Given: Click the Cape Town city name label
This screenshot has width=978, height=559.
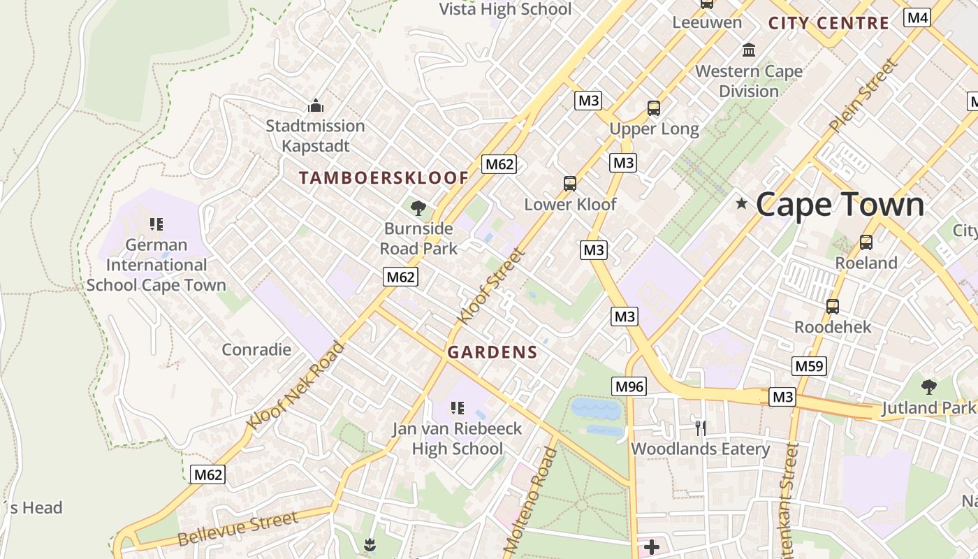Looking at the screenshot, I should [x=840, y=205].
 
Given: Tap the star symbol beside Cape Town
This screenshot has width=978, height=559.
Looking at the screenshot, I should [x=741, y=204].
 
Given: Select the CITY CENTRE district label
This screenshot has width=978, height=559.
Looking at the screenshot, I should [x=829, y=23].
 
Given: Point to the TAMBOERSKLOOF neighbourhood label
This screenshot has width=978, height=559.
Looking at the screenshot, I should [x=384, y=178].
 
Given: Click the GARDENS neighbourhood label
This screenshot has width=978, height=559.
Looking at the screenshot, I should [x=492, y=352].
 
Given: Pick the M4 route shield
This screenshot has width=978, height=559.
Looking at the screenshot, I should [x=917, y=17].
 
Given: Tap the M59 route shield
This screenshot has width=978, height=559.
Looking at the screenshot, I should [x=810, y=365].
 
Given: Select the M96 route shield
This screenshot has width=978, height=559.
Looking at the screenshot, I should [x=629, y=386].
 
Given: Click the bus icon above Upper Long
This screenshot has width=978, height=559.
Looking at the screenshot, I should [x=654, y=108].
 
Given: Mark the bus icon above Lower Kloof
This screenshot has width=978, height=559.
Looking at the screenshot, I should [x=570, y=184].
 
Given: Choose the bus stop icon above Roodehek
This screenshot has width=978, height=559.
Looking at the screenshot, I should [x=833, y=306].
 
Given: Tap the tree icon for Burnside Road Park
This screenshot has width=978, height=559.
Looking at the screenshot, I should [x=418, y=208].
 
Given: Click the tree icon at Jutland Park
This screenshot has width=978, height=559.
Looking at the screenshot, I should [x=928, y=386].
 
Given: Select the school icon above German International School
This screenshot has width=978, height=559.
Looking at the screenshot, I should [x=156, y=224].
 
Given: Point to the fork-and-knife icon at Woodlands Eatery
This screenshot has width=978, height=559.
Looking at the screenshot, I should [x=700, y=428].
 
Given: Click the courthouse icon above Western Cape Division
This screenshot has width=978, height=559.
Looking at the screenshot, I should [x=750, y=50].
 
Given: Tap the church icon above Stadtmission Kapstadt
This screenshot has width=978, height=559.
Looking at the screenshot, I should [x=316, y=106].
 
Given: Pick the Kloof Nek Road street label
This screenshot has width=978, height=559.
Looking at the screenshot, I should [x=295, y=385].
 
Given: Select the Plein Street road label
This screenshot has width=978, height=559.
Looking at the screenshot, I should [x=863, y=96].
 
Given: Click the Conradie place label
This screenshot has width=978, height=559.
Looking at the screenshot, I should [x=256, y=349].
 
